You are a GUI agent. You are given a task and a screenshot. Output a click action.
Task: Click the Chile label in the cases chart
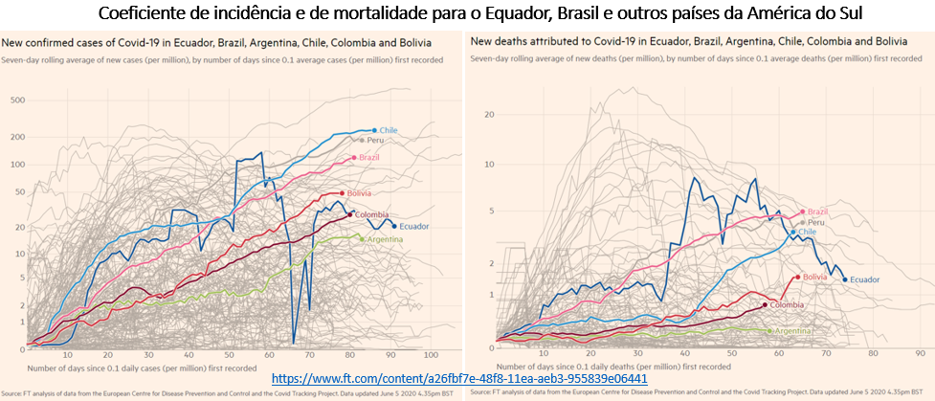pos(390,130)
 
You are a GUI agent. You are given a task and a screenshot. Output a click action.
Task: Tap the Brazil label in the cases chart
pos(368,157)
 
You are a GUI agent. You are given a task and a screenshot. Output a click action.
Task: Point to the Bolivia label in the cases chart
pos(360,193)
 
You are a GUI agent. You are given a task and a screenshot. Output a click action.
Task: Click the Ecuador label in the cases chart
pos(413,226)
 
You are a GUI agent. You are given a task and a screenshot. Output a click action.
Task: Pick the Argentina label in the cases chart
pos(384,238)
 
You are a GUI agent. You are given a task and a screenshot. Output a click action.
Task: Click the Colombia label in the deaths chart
pos(784,305)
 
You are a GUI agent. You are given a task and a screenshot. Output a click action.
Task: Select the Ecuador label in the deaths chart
pos(865,279)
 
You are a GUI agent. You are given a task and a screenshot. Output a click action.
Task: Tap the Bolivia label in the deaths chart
pos(814,277)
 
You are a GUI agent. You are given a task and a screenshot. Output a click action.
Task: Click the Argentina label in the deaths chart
pos(795,331)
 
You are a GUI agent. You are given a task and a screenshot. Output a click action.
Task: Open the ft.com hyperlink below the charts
pos(459,378)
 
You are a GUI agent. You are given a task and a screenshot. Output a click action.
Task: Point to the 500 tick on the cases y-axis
pos(15,100)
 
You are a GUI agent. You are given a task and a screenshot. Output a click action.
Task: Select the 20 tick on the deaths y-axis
pos(488,115)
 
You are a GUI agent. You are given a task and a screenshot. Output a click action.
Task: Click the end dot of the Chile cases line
pos(375,130)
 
